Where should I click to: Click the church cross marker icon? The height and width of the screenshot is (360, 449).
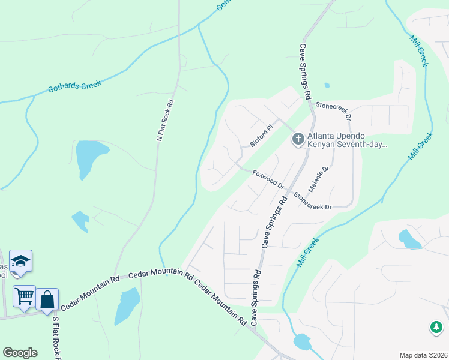click(298, 140)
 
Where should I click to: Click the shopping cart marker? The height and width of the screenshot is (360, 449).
click(24, 296)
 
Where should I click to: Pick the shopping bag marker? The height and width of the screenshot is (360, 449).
click(47, 299)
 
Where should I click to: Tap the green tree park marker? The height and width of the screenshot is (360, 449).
click(436, 328)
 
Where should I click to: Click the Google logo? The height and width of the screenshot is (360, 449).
click(20, 353)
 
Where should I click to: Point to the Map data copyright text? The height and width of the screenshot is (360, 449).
click(423, 355)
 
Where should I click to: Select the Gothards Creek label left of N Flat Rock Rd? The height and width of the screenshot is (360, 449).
click(74, 88)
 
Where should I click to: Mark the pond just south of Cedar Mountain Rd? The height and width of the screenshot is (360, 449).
click(127, 304)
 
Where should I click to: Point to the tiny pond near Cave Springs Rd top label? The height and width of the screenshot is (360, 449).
click(327, 85)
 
